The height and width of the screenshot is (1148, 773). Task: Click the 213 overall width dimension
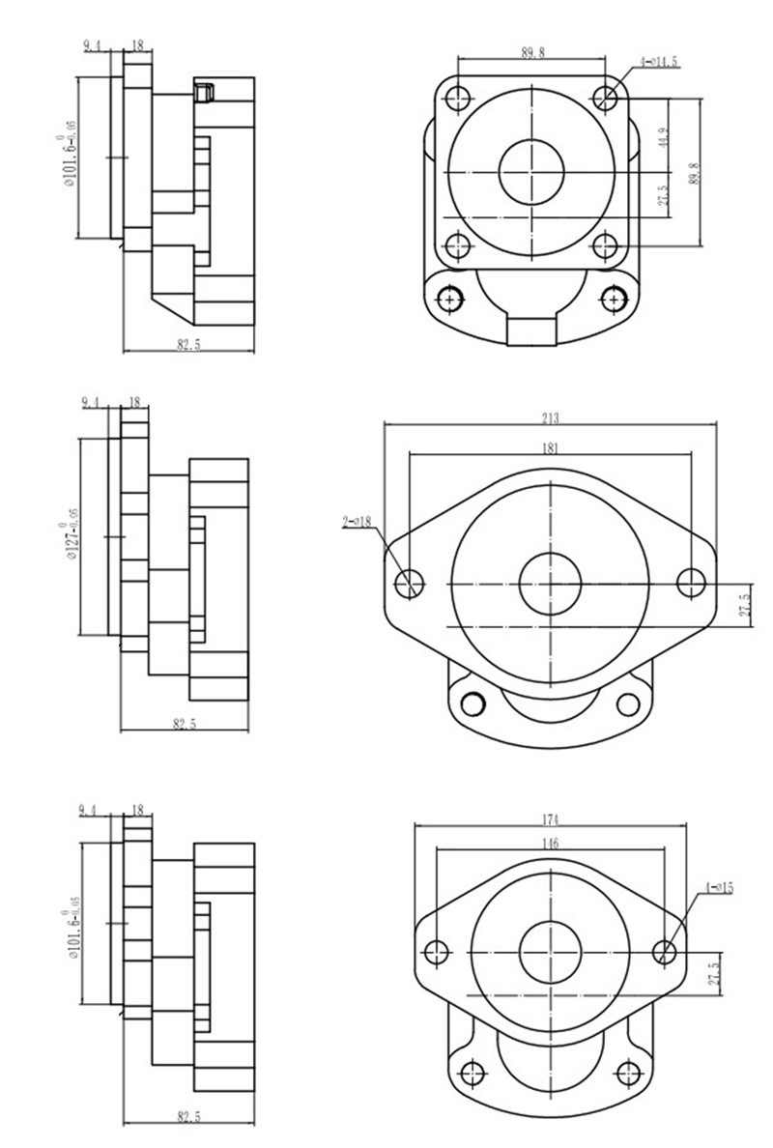coord(551,418)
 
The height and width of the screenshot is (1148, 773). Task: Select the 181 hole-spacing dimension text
coord(551,447)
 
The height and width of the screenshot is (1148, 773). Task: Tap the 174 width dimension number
coord(550,819)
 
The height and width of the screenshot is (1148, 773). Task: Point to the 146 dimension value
coord(550,843)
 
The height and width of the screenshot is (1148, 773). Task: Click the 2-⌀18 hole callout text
coord(358,521)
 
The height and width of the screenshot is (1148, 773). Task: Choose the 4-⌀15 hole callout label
coord(719,886)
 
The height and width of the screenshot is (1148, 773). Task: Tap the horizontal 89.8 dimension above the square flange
coord(532,53)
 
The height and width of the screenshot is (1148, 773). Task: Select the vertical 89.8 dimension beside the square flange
coord(693,171)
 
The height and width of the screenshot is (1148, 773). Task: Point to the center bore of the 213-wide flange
coord(550,584)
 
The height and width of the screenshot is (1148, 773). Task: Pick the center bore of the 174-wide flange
coord(550,952)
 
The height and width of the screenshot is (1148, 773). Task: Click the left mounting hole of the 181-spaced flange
coord(411,583)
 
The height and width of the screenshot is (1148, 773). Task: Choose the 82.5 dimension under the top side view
coord(188,345)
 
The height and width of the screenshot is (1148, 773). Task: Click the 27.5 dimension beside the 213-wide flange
coord(744,606)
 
